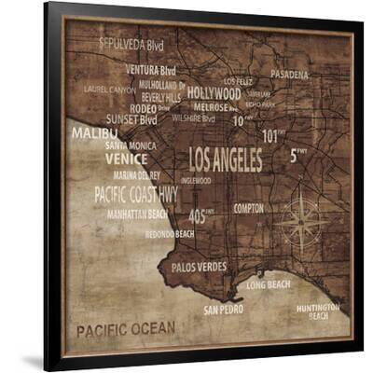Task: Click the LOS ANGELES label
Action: [x=226, y=159]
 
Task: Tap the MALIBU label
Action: [x=94, y=133]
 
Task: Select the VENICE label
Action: [x=126, y=159]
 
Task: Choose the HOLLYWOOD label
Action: [x=214, y=93]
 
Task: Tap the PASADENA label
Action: [x=289, y=74]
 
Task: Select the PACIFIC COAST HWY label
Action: [x=135, y=194]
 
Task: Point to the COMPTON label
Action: [x=248, y=208]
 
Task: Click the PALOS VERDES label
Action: [x=198, y=267]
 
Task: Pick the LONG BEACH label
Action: [x=269, y=284]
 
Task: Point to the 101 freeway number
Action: [x=271, y=136]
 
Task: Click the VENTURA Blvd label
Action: [x=150, y=70]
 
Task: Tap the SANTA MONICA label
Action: [x=131, y=145]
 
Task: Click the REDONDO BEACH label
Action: [x=170, y=234]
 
